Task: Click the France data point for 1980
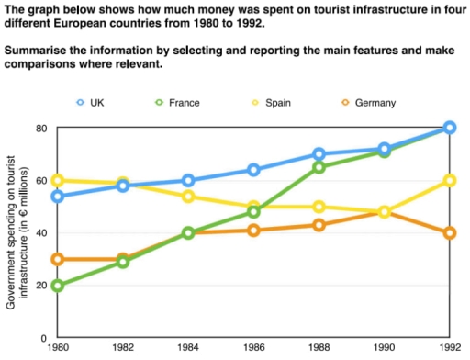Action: click(57, 286)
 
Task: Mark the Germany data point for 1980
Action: click(57, 259)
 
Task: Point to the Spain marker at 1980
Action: click(57, 180)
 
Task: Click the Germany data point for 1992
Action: click(449, 232)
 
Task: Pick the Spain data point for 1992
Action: click(449, 180)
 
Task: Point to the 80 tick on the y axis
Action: click(39, 128)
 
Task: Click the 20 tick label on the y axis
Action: click(39, 286)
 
